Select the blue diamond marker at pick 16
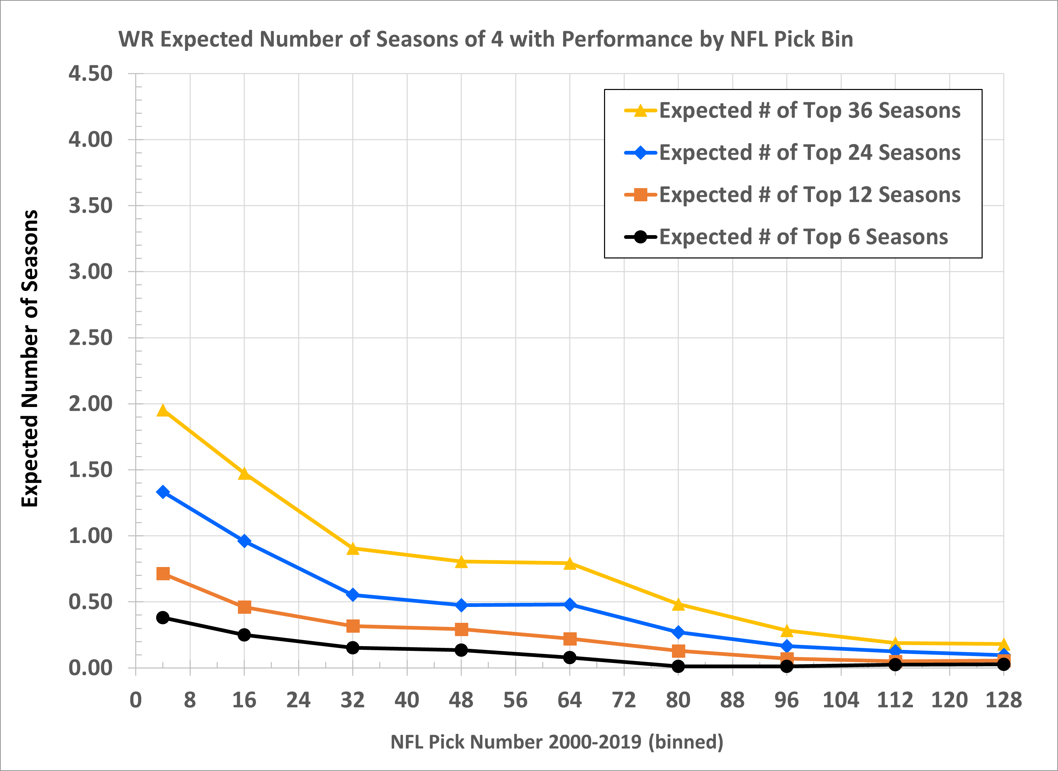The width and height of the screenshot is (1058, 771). (x=244, y=541)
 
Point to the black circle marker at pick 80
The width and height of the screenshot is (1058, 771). (x=678, y=666)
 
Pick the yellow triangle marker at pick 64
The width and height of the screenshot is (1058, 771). (x=570, y=564)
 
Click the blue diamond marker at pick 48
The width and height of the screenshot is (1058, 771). (x=461, y=605)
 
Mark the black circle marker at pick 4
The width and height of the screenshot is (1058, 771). (x=163, y=617)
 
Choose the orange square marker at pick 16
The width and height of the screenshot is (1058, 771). (x=244, y=607)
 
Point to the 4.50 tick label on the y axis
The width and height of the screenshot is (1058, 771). (x=91, y=74)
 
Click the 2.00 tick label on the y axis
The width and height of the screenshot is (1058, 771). (x=91, y=404)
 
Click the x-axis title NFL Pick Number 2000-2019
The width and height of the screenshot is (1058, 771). (x=556, y=742)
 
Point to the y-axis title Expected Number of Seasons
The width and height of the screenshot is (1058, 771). (x=30, y=358)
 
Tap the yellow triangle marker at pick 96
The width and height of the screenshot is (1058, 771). (x=787, y=631)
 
